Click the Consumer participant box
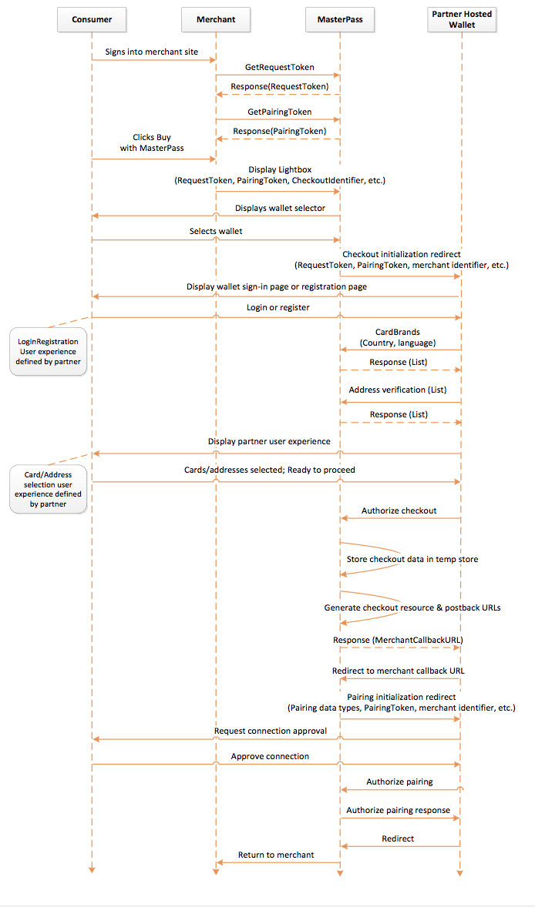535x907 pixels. [x=92, y=20]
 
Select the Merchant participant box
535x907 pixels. [x=216, y=20]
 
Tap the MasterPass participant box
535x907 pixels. [x=340, y=20]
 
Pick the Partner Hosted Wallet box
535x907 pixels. [x=462, y=20]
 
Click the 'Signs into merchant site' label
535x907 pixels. [x=152, y=52]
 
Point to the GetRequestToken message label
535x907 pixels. [x=280, y=67]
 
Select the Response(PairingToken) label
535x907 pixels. [x=280, y=132]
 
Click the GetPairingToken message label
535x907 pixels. [x=280, y=112]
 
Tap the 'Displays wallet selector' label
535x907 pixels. [x=281, y=208]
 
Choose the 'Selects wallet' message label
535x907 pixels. [x=216, y=232]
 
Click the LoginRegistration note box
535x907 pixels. [x=48, y=352]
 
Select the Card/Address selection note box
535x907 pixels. [x=48, y=490]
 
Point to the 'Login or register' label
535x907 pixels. [x=278, y=308]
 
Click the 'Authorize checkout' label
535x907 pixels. [x=399, y=510]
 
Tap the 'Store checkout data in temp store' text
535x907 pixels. [x=412, y=559]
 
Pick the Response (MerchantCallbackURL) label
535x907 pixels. [x=398, y=641]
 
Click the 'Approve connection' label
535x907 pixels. [x=270, y=757]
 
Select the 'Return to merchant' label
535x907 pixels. [x=276, y=855]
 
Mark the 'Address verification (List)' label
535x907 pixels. [x=398, y=390]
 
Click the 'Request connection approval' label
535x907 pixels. [x=271, y=731]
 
